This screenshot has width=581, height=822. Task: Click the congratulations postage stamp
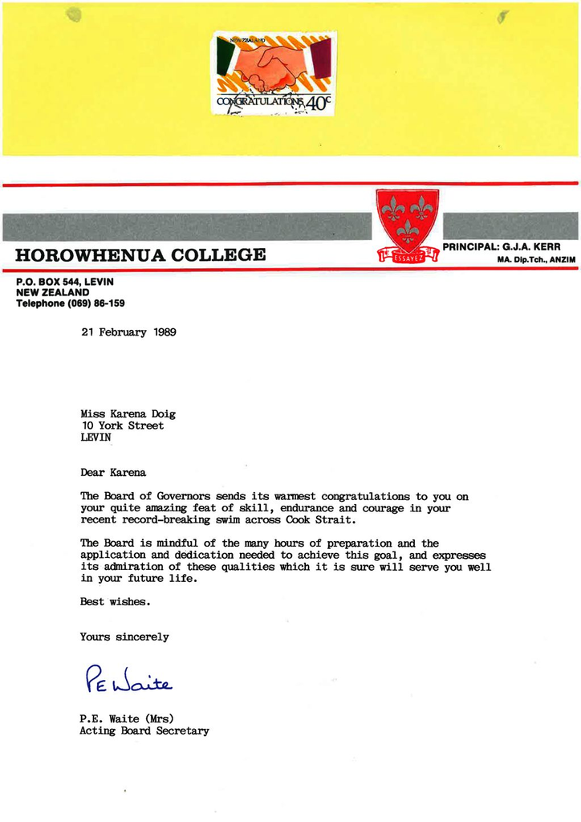[274, 73]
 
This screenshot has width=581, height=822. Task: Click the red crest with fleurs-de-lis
[408, 224]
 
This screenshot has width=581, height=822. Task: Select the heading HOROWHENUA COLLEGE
[140, 255]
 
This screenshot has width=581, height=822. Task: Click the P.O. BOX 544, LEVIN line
[65, 282]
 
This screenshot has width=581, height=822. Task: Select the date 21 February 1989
[128, 332]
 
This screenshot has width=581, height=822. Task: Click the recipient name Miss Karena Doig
[128, 414]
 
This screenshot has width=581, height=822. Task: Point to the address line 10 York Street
[122, 425]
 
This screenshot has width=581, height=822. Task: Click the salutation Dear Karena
[113, 472]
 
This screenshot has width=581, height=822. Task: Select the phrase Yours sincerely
[124, 637]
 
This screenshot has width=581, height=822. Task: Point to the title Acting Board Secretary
[144, 730]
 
